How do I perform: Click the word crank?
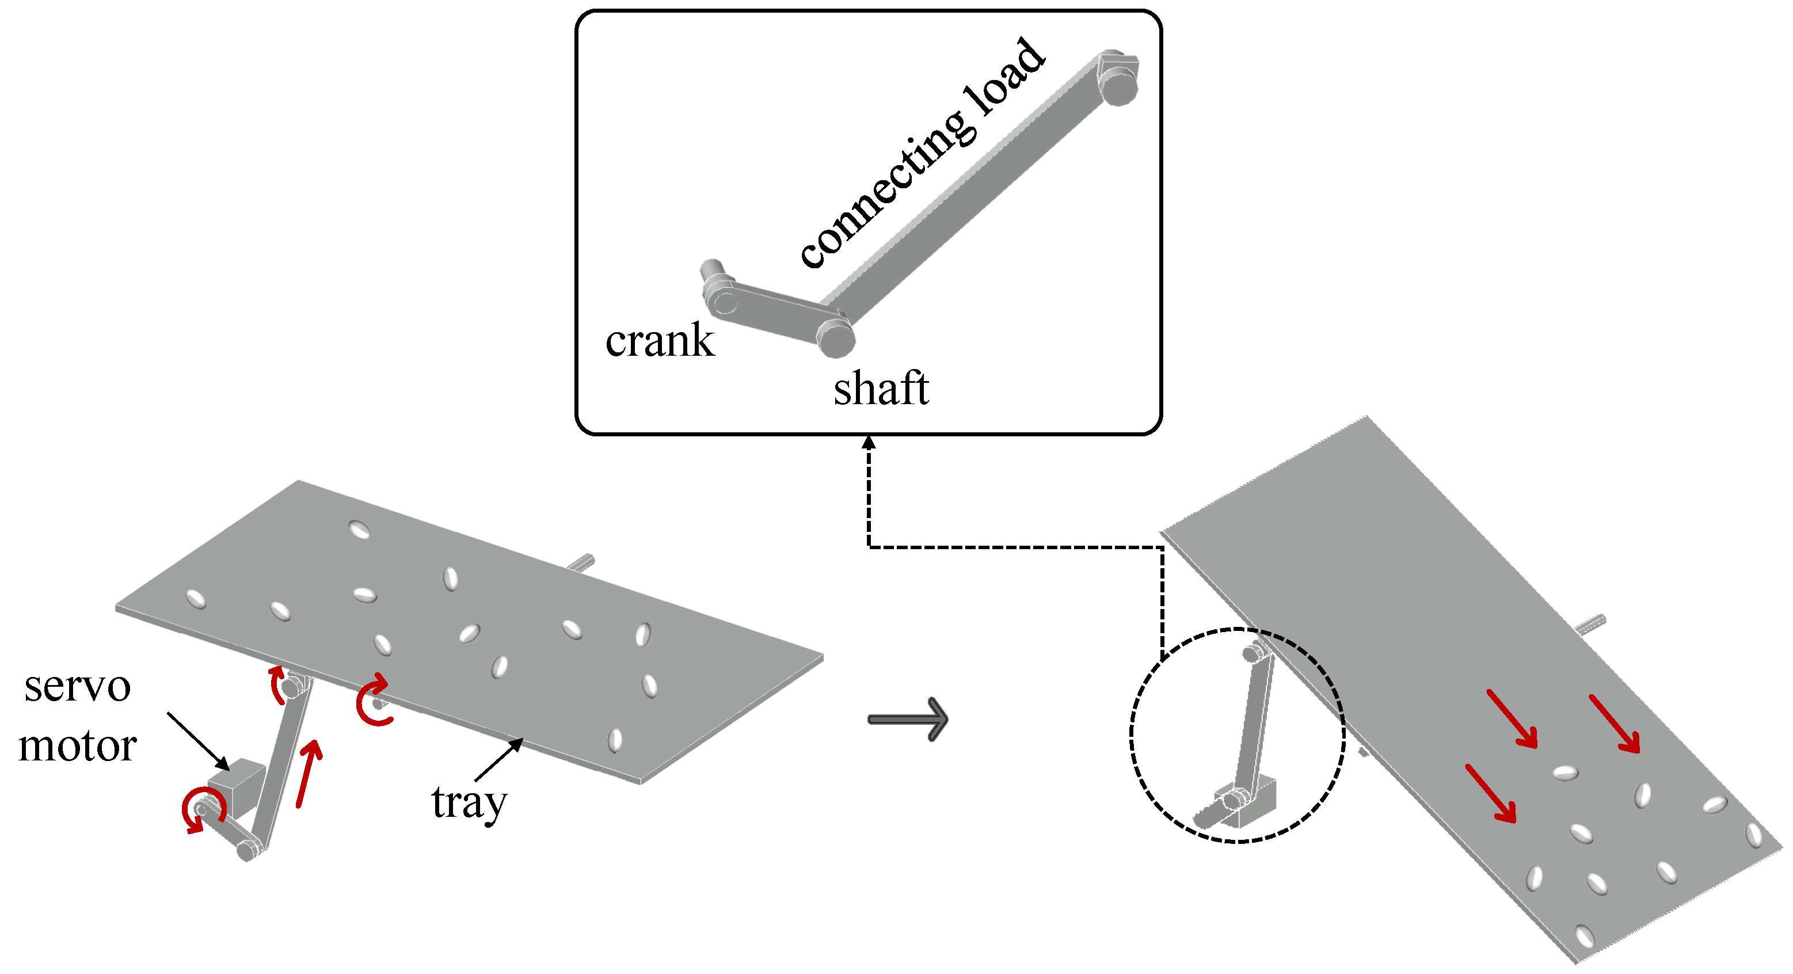coord(659,341)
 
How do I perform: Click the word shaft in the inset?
coord(881,389)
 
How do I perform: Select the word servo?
coord(77,687)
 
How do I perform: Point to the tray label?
coord(469,802)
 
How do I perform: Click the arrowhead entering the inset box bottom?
coord(868,442)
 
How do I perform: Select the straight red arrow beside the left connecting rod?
coord(309,773)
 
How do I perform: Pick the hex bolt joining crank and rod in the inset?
coord(835,338)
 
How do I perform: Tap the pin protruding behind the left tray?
coord(581,562)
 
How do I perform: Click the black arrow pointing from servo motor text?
coord(199,741)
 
